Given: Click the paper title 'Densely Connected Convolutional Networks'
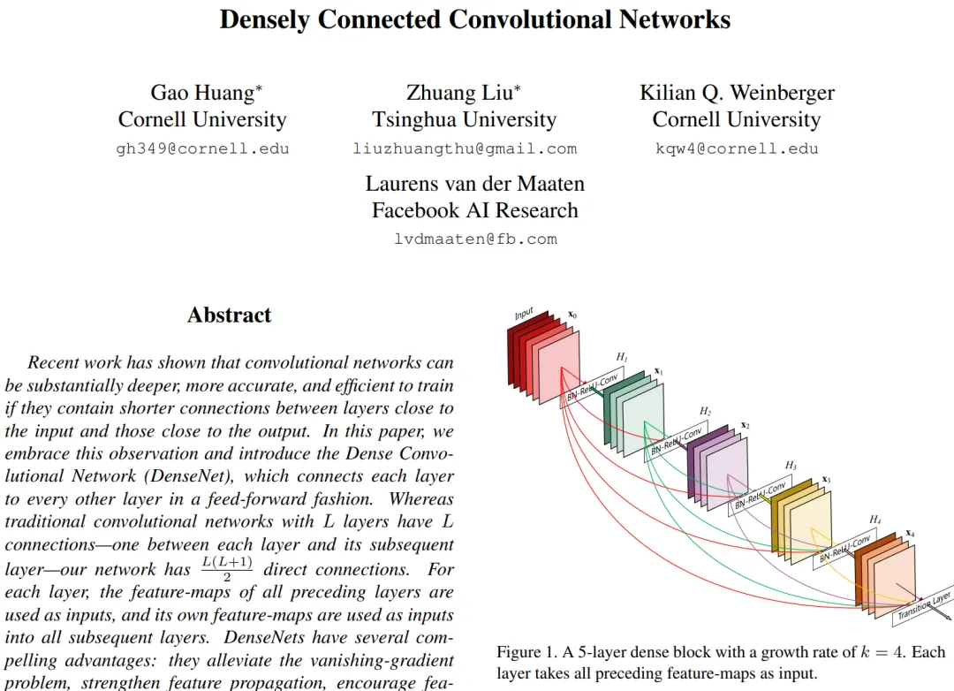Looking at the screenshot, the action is (475, 19).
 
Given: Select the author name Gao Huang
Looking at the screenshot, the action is (207, 93).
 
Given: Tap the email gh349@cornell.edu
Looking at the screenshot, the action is (202, 148).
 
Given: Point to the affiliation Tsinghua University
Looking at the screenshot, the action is (464, 120).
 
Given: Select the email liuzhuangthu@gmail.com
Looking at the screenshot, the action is (465, 148).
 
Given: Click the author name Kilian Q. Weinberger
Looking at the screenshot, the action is (737, 93).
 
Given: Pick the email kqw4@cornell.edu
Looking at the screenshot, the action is (737, 148).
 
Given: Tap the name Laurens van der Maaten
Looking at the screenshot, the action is (475, 184).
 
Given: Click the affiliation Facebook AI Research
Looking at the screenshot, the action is (475, 210).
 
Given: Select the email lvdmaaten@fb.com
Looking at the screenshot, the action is (475, 239).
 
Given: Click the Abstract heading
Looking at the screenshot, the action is (229, 315).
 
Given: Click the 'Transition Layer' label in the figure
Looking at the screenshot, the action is (924, 608).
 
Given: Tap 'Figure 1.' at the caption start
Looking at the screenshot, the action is (526, 653).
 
